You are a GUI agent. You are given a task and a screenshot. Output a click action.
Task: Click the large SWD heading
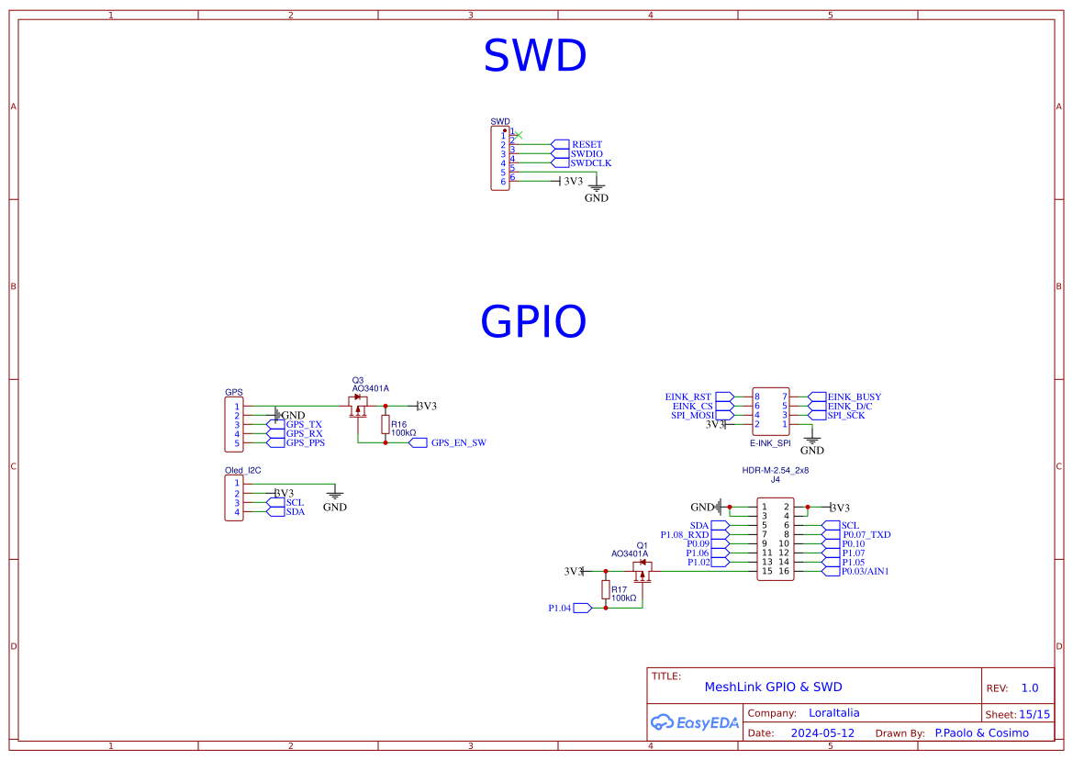click(534, 57)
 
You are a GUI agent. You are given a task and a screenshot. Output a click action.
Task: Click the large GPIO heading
click(532, 322)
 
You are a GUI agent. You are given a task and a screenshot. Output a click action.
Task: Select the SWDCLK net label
click(590, 163)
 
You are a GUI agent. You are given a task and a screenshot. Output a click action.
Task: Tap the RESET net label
click(587, 145)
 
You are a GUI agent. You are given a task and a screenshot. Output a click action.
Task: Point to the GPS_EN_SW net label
click(458, 442)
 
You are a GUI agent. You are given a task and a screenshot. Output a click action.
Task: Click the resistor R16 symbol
click(386, 423)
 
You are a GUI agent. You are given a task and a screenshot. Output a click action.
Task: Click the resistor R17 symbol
click(606, 589)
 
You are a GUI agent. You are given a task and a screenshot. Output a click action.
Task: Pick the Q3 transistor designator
click(358, 380)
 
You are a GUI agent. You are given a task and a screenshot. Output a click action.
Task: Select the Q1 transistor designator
click(643, 545)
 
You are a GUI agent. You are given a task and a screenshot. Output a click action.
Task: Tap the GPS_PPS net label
click(305, 443)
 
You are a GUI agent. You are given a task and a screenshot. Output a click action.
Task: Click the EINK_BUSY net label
click(854, 397)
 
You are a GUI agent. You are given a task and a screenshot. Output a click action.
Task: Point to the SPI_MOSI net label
click(692, 416)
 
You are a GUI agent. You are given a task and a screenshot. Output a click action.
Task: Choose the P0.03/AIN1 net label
click(865, 572)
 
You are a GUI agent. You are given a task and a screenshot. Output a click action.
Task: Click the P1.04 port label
click(559, 608)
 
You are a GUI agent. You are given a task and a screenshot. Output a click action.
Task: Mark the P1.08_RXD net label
click(685, 534)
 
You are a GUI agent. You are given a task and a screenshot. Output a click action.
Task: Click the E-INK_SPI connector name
click(770, 442)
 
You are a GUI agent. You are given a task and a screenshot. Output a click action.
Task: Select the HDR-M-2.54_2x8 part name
click(775, 470)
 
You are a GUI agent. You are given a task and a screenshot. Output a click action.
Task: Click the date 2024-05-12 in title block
click(822, 733)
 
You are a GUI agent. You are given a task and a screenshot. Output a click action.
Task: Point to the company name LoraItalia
click(833, 713)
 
